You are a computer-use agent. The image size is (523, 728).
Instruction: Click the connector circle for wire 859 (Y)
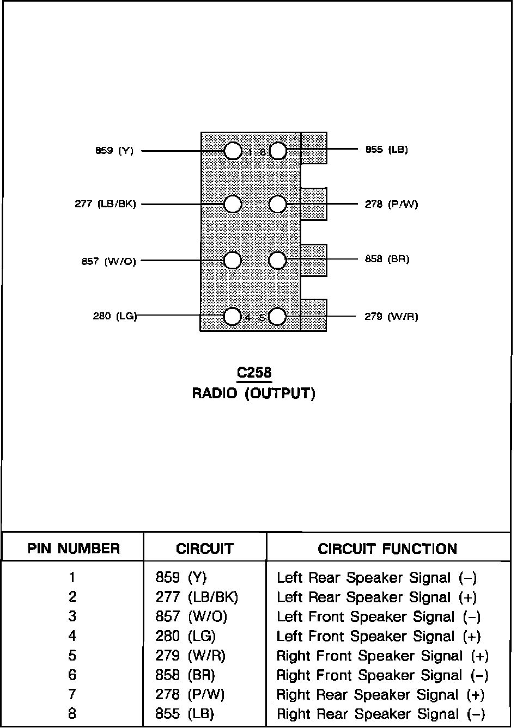[x=233, y=151]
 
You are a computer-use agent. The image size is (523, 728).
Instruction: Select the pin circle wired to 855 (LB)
[x=278, y=151]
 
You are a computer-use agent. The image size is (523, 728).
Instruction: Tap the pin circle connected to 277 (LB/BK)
[x=233, y=204]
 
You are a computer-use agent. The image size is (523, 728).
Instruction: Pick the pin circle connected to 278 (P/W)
[x=278, y=204]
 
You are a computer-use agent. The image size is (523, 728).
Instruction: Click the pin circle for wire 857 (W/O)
[x=233, y=261]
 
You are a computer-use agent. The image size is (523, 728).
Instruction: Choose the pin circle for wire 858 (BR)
[x=278, y=260]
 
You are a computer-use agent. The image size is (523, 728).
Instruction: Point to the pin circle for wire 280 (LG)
[x=233, y=316]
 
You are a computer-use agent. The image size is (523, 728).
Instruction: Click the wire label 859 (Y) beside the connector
[x=114, y=151]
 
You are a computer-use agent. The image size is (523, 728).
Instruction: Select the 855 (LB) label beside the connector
[x=386, y=150]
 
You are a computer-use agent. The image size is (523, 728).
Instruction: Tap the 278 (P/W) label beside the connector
[x=391, y=204]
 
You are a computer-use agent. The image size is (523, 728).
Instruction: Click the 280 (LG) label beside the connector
[x=115, y=316]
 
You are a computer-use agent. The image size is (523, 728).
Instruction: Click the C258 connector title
[x=254, y=373]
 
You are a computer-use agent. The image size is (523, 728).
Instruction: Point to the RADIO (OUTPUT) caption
[x=254, y=393]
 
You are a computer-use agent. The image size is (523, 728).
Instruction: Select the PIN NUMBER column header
[x=74, y=548]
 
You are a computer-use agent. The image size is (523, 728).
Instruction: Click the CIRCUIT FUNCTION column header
[x=387, y=548]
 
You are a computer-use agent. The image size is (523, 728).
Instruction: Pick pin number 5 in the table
[x=72, y=656]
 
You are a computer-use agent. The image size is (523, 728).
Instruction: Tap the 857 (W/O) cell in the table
[x=191, y=616]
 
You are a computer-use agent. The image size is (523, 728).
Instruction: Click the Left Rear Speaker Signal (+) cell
[x=376, y=597]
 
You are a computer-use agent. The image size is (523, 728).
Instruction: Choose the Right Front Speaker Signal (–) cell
[x=382, y=675]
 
